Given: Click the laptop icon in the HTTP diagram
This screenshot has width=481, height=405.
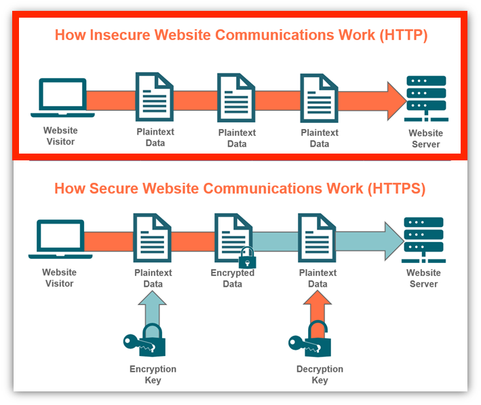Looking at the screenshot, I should point(62,99).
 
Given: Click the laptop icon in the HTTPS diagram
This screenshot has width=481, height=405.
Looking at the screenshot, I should point(60,239).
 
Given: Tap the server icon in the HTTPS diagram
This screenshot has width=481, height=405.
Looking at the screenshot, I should point(423,239).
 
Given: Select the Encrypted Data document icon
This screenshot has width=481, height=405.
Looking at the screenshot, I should point(233,238).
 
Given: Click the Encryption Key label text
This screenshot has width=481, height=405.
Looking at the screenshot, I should point(153,374).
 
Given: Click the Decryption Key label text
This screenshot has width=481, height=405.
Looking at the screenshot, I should point(320,374).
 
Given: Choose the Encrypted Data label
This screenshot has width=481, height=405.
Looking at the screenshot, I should point(233,279).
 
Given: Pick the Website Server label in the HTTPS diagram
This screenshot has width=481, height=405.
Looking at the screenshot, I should point(423,279).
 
